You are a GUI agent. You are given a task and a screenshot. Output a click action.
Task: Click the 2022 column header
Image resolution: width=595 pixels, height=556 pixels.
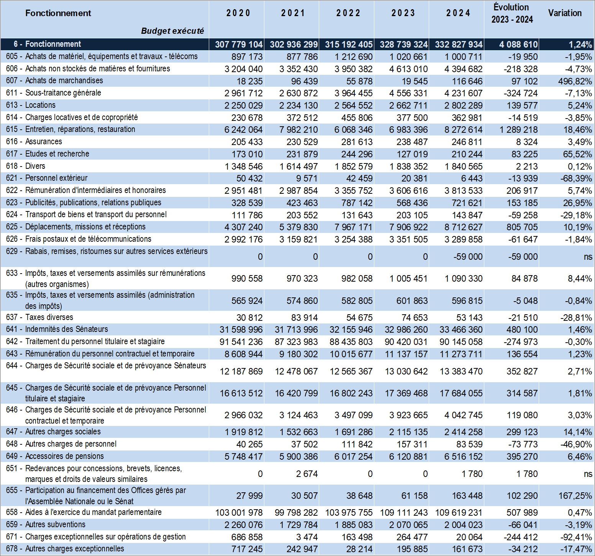point(348,13)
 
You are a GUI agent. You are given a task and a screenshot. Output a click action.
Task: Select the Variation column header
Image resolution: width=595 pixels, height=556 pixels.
point(565,13)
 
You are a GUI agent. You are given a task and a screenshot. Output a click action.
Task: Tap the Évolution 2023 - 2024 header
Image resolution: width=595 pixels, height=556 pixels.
point(512,13)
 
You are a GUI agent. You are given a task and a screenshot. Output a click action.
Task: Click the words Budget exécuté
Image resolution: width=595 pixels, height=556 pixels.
point(172,31)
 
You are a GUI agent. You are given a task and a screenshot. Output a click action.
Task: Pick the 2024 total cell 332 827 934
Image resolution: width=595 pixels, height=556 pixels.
point(459,45)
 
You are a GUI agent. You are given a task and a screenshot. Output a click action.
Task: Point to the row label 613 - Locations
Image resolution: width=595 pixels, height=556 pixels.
point(31,105)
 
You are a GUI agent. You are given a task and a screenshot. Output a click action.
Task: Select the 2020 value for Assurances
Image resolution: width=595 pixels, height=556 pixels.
point(247,142)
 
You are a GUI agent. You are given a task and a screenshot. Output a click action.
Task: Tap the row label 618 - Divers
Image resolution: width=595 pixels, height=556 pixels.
point(26,166)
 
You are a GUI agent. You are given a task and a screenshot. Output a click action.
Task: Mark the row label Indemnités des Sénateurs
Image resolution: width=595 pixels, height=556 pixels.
point(67,329)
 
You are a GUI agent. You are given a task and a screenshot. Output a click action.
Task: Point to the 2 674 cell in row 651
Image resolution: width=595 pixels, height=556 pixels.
point(307,474)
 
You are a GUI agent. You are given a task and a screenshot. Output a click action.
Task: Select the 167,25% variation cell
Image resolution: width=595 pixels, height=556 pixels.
point(575,496)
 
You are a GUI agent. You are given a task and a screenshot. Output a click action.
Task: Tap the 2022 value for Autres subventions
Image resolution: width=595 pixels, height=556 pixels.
point(354,525)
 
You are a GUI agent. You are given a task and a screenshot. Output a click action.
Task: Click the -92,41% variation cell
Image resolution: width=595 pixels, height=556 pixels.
point(577,537)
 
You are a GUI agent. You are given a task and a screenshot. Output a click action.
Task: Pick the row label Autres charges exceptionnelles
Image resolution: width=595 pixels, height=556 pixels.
point(75,549)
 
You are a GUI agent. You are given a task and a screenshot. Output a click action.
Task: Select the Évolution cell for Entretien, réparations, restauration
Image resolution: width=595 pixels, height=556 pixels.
point(518,130)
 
